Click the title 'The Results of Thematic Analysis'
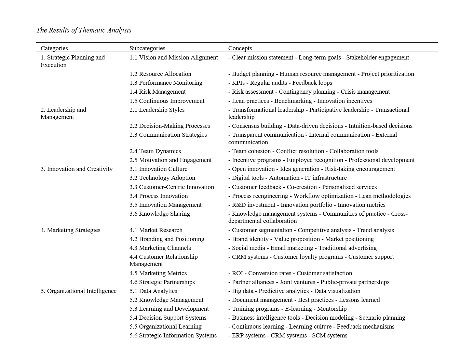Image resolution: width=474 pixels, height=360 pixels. point(84,30)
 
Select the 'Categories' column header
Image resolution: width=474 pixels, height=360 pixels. point(54,48)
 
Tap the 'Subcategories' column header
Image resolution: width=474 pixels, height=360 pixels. point(147,48)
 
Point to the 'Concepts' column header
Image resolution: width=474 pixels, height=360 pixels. point(240,48)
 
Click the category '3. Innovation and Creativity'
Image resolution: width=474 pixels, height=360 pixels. point(77,169)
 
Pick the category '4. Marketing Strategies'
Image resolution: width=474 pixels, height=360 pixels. point(70,230)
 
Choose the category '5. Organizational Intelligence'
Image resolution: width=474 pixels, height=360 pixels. point(79,291)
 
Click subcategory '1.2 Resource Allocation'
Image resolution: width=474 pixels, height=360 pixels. point(160,74)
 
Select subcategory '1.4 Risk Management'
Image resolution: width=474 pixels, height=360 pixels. point(158,92)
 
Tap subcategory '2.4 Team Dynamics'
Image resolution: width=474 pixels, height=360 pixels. point(155,151)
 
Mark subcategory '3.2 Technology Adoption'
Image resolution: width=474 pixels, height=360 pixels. point(162,178)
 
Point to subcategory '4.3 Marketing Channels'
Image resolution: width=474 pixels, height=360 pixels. point(160,248)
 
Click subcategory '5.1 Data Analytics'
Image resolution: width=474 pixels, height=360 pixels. point(153,291)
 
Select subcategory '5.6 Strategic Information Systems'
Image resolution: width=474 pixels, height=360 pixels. point(173,335)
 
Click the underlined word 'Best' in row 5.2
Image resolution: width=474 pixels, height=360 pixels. point(303,300)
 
